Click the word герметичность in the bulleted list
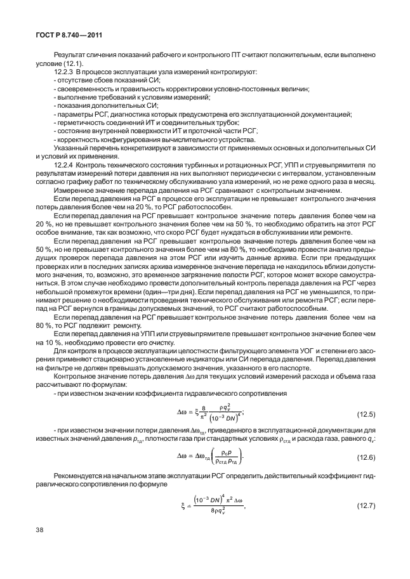(x=80, y=122)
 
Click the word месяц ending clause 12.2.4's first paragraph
(x=364, y=181)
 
